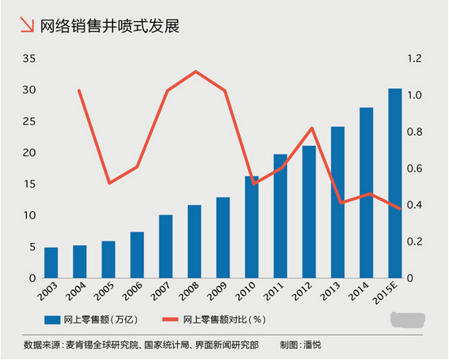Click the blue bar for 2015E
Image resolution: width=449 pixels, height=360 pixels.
(395, 183)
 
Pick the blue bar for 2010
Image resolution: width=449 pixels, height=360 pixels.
(251, 227)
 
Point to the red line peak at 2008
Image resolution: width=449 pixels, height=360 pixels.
(195, 72)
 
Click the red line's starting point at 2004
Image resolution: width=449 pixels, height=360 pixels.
(79, 90)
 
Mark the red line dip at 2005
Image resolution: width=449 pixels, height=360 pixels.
(109, 183)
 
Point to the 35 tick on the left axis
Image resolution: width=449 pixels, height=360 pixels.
(29, 59)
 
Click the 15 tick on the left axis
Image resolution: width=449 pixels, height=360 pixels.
(29, 184)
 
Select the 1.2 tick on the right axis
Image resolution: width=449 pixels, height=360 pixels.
(416, 59)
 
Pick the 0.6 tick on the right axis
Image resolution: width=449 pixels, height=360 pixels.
(416, 168)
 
